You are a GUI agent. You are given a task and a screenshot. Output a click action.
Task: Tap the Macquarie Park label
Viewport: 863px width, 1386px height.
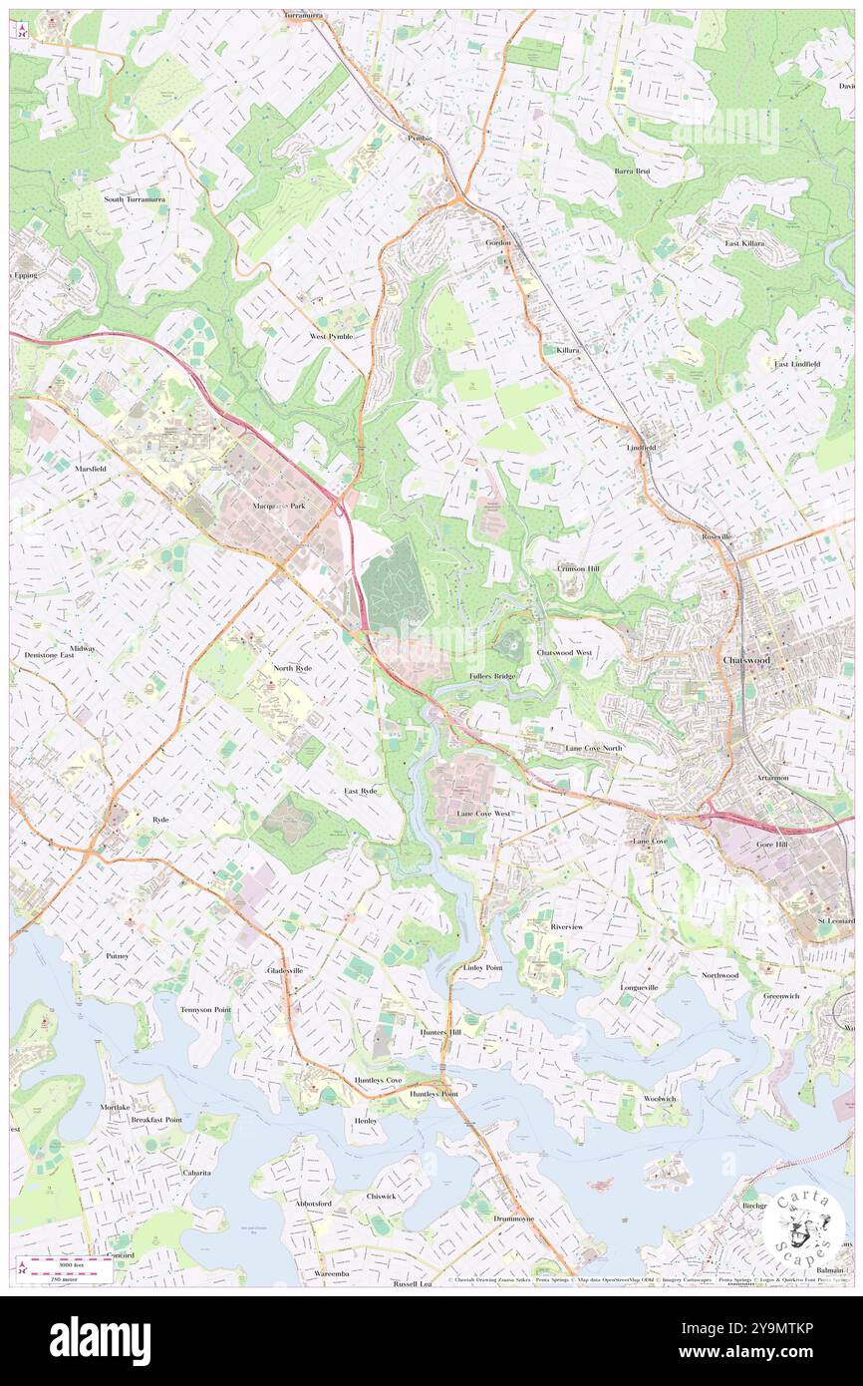275,507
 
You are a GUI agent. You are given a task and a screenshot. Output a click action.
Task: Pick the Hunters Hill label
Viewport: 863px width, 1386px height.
440,1032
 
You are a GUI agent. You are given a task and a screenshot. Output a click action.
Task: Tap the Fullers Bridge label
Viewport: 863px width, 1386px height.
491,676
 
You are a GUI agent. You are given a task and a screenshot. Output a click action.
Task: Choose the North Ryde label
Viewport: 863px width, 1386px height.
292,667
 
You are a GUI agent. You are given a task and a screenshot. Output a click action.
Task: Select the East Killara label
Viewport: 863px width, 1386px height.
744,243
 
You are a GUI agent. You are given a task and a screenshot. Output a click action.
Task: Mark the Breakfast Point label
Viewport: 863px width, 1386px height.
156,1120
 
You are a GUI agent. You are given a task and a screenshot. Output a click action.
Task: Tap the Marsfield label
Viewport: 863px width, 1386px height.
90,468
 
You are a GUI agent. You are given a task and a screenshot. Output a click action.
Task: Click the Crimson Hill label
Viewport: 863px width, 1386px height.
578,568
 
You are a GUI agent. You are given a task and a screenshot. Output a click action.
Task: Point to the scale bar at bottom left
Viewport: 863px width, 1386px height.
70,1266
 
